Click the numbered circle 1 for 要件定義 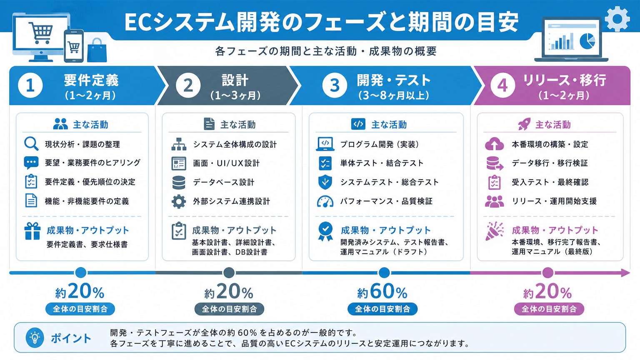tap(30, 85)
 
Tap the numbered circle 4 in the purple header tap(502, 85)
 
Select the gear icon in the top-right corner tap(617, 19)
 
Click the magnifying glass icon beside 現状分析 tap(31, 144)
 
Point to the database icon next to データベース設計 tap(179, 182)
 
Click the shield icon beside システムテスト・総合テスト tap(325, 182)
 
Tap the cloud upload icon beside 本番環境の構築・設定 tap(494, 144)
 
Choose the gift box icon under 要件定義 tap(32, 231)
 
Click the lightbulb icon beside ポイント tap(35, 337)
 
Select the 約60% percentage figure tap(382, 292)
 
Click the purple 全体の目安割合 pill tap(549, 309)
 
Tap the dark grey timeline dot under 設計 tap(229, 273)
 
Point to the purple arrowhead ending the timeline tap(626, 273)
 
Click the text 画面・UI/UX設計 tap(226, 163)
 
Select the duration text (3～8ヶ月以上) tap(394, 95)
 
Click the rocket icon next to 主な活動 tap(524, 124)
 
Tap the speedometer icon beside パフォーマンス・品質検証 tap(325, 201)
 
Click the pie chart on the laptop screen tap(587, 40)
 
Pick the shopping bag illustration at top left tap(97, 50)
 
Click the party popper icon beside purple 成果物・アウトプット tap(494, 231)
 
